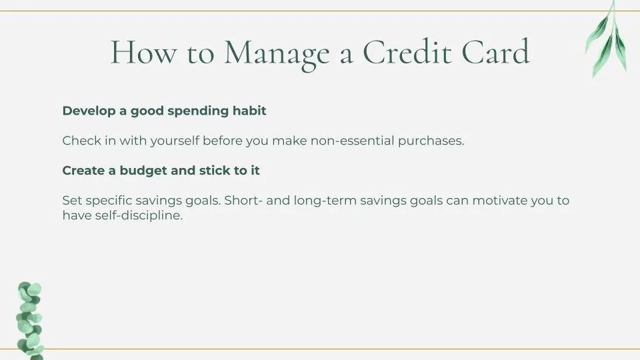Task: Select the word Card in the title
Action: point(495,52)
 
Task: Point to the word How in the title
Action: point(144,52)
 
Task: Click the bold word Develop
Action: point(89,111)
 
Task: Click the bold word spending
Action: point(198,111)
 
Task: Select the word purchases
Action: point(431,141)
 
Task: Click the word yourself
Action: point(175,141)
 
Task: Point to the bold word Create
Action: point(83,171)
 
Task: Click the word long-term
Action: point(325,201)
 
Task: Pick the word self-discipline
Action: point(139,215)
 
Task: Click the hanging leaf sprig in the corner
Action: point(607,39)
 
